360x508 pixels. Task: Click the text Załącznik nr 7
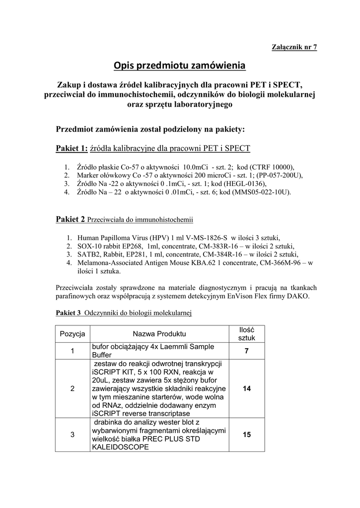pyautogui.click(x=294, y=47)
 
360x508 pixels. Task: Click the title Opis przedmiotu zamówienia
pyautogui.click(x=180, y=65)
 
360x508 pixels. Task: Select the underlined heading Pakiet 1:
pyautogui.click(x=72, y=148)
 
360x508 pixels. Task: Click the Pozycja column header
pyautogui.click(x=72, y=333)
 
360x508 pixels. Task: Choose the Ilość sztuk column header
pyautogui.click(x=246, y=333)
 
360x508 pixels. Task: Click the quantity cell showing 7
pyautogui.click(x=246, y=351)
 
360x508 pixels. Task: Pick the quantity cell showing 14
pyautogui.click(x=246, y=389)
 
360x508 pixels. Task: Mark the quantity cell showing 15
pyautogui.click(x=246, y=435)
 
